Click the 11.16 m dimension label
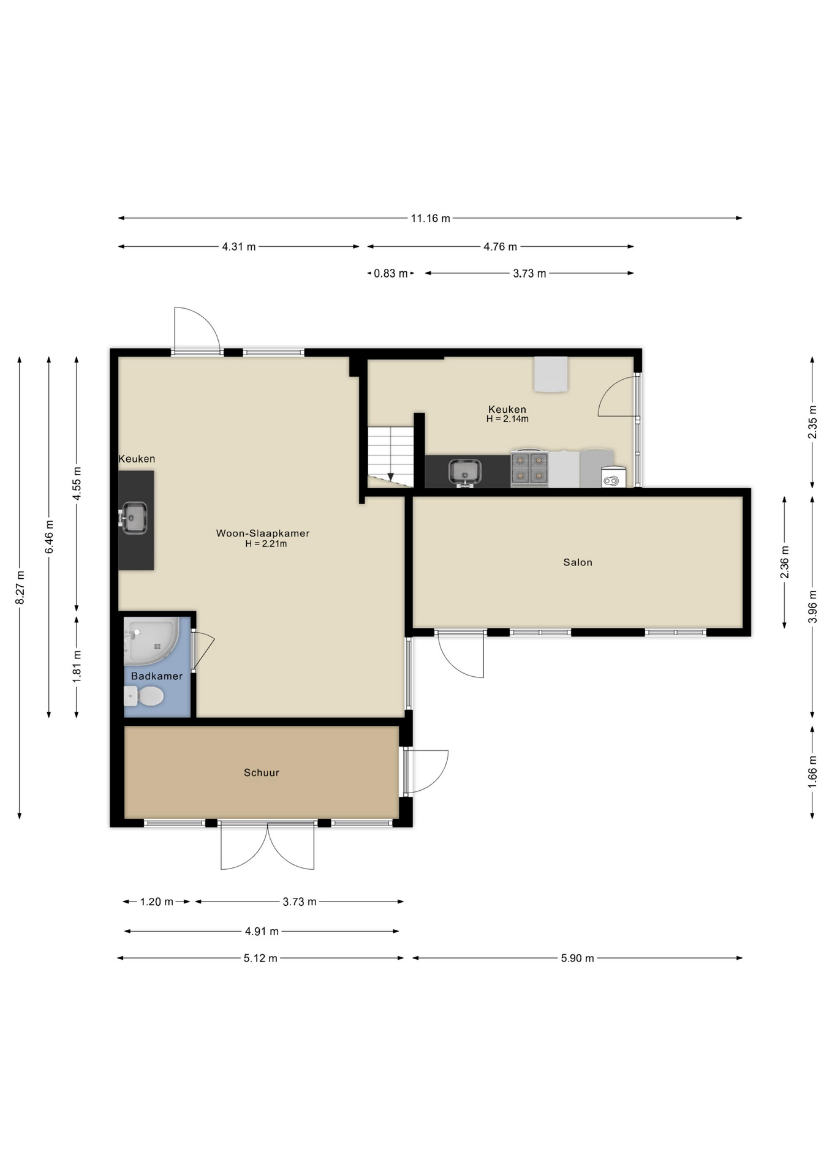(430, 218)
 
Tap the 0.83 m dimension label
(390, 273)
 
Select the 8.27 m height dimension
(20, 587)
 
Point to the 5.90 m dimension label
(577, 958)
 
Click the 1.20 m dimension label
(156, 902)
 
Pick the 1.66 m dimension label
(812, 772)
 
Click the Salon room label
(578, 562)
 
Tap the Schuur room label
(262, 773)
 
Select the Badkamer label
(157, 676)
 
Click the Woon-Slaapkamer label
(263, 533)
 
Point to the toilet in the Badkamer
(144, 696)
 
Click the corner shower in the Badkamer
(151, 641)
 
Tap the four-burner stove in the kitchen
(529, 469)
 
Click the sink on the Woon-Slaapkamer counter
(134, 518)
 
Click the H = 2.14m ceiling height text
(507, 419)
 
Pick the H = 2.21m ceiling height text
(266, 543)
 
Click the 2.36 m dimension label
(785, 562)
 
